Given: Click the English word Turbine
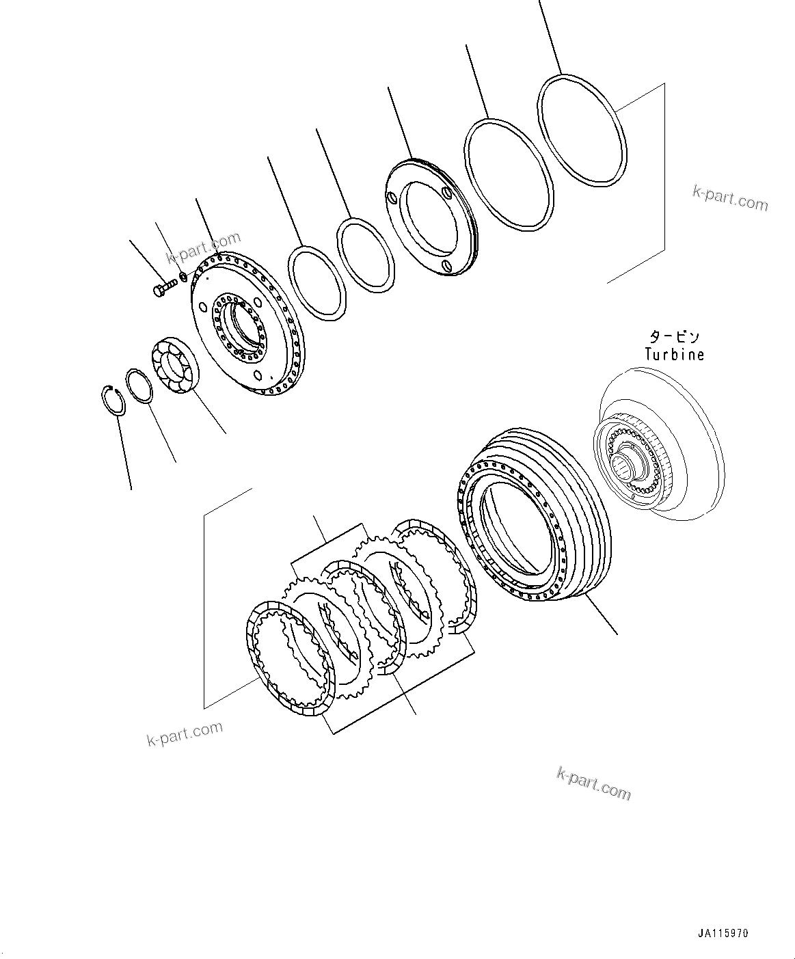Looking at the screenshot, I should pos(674,355).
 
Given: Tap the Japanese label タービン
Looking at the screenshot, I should pos(674,337).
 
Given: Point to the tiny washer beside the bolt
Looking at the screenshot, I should pos(183,278).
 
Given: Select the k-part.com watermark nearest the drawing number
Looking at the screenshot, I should pos(593,783).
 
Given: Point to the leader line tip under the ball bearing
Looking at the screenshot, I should pos(226,433).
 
